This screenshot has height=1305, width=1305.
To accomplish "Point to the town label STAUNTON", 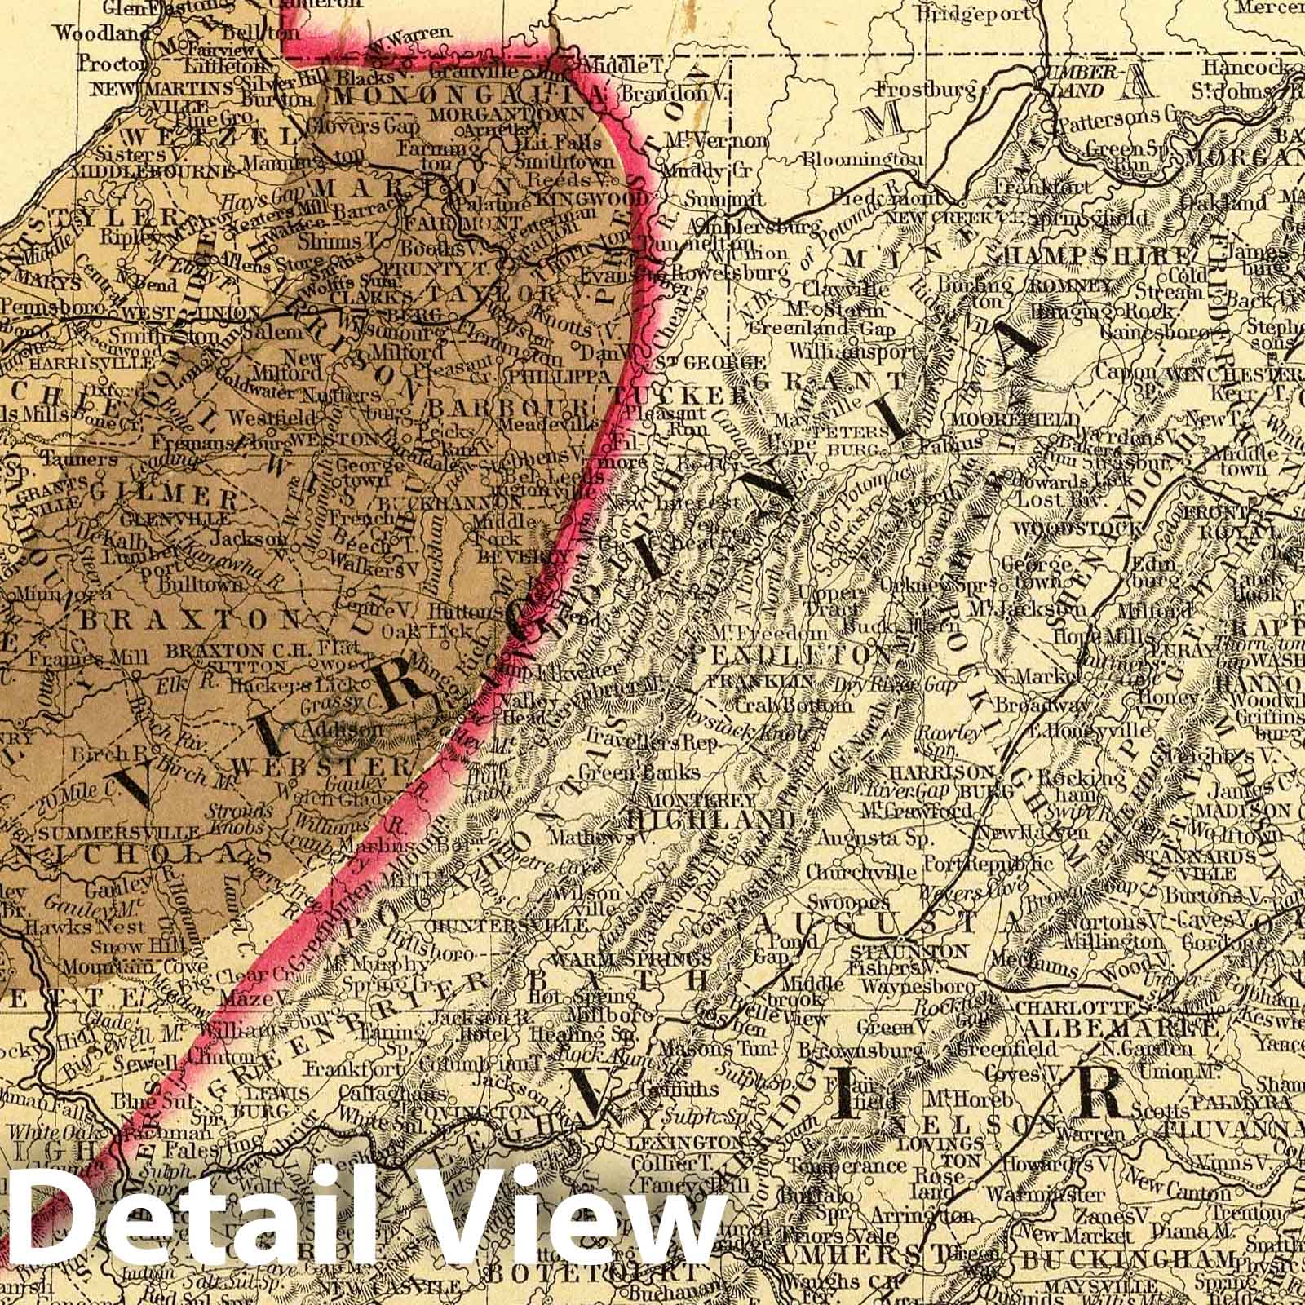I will (909, 952).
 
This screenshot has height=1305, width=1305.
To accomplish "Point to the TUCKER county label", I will (690, 395).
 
